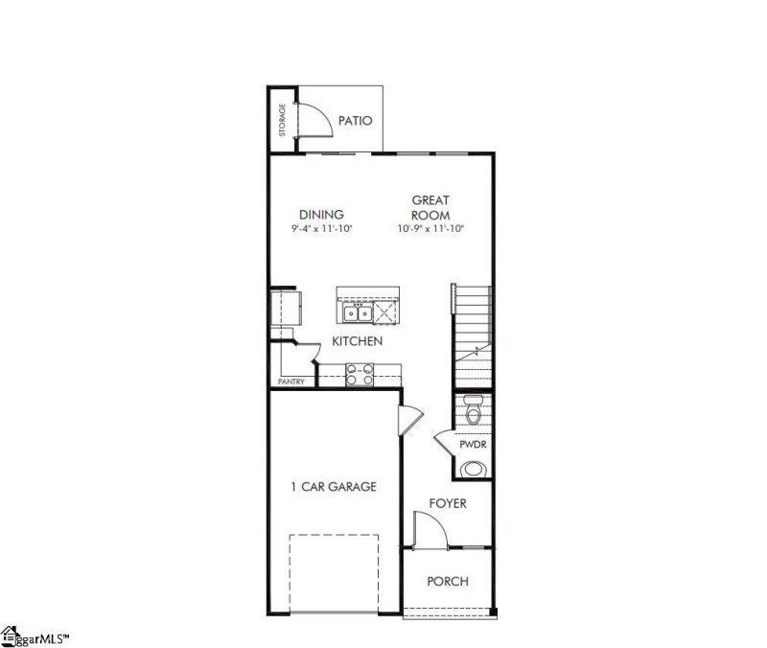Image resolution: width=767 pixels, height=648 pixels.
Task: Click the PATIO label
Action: [x=355, y=121]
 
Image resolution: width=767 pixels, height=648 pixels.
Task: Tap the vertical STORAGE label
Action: [x=283, y=120]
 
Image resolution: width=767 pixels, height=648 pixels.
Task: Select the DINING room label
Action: [x=321, y=215]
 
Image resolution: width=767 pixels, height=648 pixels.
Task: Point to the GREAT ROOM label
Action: [x=430, y=207]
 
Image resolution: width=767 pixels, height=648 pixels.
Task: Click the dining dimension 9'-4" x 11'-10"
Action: [x=321, y=229]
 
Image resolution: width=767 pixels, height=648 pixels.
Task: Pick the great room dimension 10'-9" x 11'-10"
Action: [x=430, y=229]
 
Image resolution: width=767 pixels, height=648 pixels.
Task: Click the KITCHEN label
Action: [x=358, y=341]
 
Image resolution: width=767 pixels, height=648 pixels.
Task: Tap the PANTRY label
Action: [x=291, y=382]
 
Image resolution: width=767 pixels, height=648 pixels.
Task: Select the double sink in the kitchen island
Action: [x=357, y=312]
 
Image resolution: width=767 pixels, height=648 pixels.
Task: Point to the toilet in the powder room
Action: [x=473, y=410]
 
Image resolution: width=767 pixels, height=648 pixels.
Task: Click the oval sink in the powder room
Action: [x=473, y=469]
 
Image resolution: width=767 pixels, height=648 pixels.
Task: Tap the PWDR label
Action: [x=472, y=445]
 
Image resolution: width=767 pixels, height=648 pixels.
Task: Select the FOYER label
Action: [x=448, y=503]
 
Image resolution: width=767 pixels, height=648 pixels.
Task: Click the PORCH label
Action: [x=448, y=581]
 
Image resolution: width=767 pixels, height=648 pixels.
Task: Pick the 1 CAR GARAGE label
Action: [x=334, y=487]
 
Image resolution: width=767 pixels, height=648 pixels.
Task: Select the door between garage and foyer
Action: [x=409, y=418]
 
